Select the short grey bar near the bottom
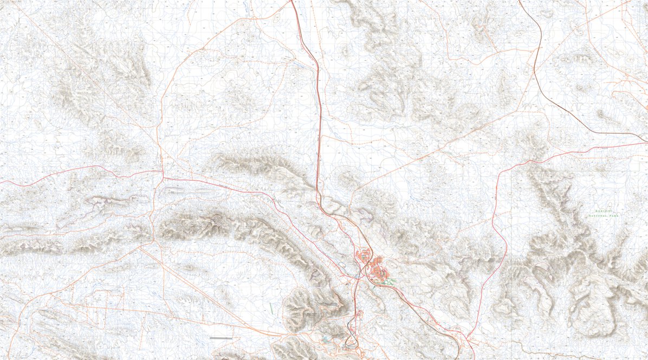coord(221,338)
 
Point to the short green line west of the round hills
coord(271,307)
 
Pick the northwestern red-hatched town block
coord(365,254)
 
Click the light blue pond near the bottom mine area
coord(327,339)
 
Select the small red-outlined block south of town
coord(358,313)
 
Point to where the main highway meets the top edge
coord(291,1)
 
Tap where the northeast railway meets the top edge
coord(520,1)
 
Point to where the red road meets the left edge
coord(1,182)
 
